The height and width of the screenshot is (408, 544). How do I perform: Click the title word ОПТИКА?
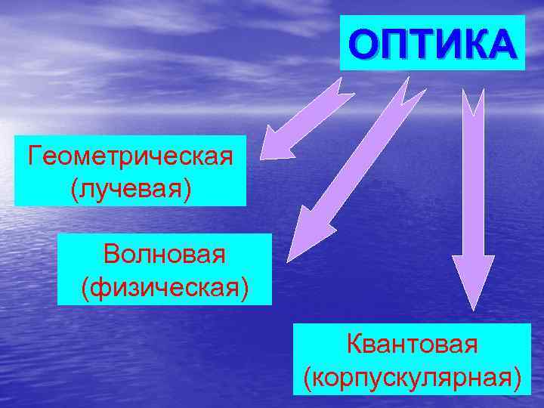pyautogui.click(x=432, y=43)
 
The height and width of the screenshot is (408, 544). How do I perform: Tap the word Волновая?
pyautogui.click(x=165, y=255)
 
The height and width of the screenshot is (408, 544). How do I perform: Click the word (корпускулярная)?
pyautogui.click(x=412, y=376)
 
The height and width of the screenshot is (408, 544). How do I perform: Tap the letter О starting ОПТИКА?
pyautogui.click(x=361, y=44)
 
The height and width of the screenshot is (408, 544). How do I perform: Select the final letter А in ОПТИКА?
pyautogui.click(x=502, y=44)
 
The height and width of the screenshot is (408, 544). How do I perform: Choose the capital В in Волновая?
pyautogui.click(x=113, y=255)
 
